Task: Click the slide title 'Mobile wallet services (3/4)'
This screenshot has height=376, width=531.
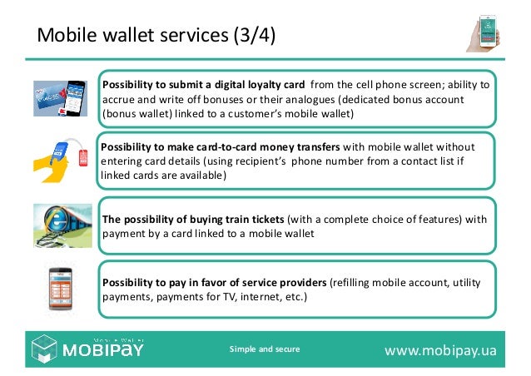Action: pyautogui.click(x=157, y=36)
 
